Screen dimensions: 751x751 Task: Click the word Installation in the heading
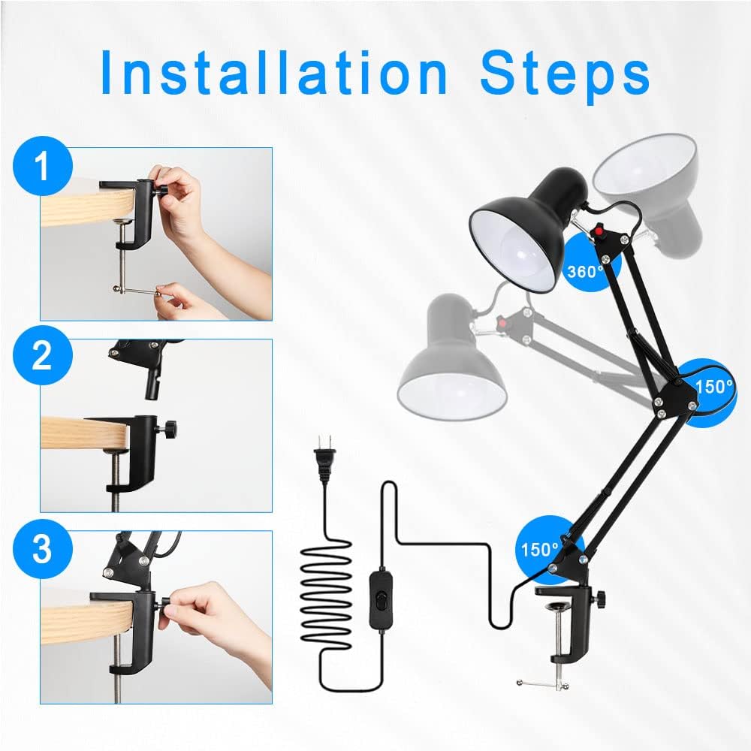[x=274, y=72]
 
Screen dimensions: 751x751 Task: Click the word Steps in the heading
[x=566, y=76]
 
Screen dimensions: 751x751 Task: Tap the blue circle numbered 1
[x=43, y=166]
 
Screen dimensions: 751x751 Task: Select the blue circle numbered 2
[x=43, y=355]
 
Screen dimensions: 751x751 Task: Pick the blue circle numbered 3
[x=43, y=549]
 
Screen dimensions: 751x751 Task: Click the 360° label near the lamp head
[x=585, y=272]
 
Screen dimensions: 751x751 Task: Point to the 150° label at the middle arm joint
[x=713, y=386]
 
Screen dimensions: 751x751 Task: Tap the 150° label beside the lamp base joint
[x=540, y=550]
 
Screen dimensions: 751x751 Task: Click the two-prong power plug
[x=324, y=457]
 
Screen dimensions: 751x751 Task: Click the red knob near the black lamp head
[x=599, y=231]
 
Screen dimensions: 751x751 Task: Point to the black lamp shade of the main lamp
[x=526, y=228]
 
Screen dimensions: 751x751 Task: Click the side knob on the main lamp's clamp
[x=599, y=598]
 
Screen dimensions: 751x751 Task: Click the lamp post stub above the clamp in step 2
[x=152, y=383]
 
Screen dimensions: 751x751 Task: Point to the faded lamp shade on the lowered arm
[x=451, y=358]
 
